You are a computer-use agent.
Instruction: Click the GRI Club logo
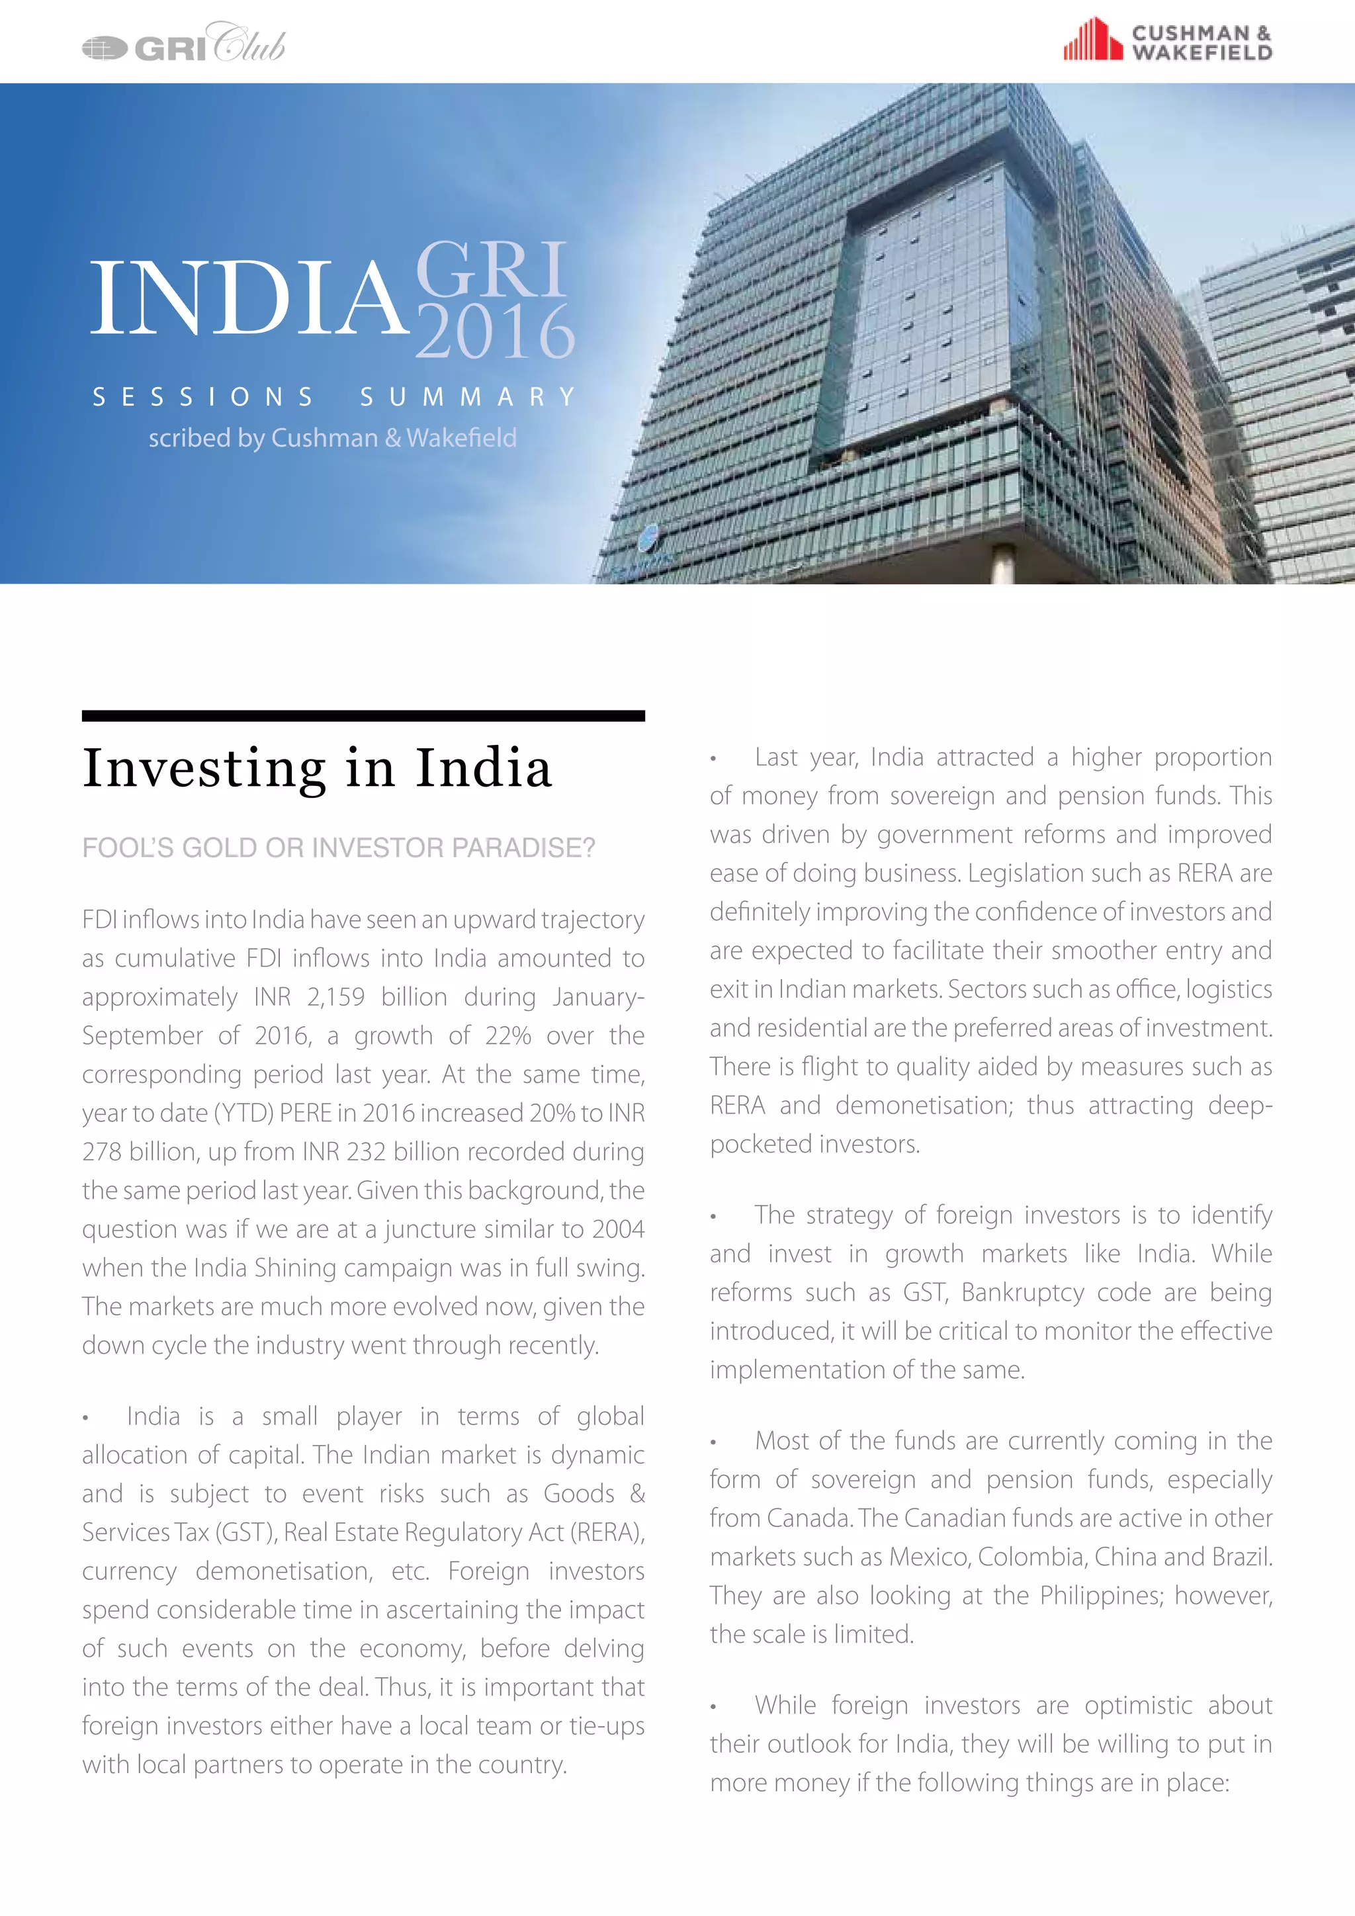183,44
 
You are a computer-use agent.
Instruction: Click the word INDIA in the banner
248,298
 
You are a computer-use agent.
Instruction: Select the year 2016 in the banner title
495,332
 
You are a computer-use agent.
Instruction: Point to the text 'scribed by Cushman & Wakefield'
332,438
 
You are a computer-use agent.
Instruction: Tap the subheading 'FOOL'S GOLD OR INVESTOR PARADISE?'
338,848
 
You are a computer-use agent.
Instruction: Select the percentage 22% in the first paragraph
508,1035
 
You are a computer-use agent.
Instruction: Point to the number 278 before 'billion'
103,1152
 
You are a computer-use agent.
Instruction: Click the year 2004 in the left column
618,1229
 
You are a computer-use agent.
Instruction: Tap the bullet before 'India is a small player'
85,1418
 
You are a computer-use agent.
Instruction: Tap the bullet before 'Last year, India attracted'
713,759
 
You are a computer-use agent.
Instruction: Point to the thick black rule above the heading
363,715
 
